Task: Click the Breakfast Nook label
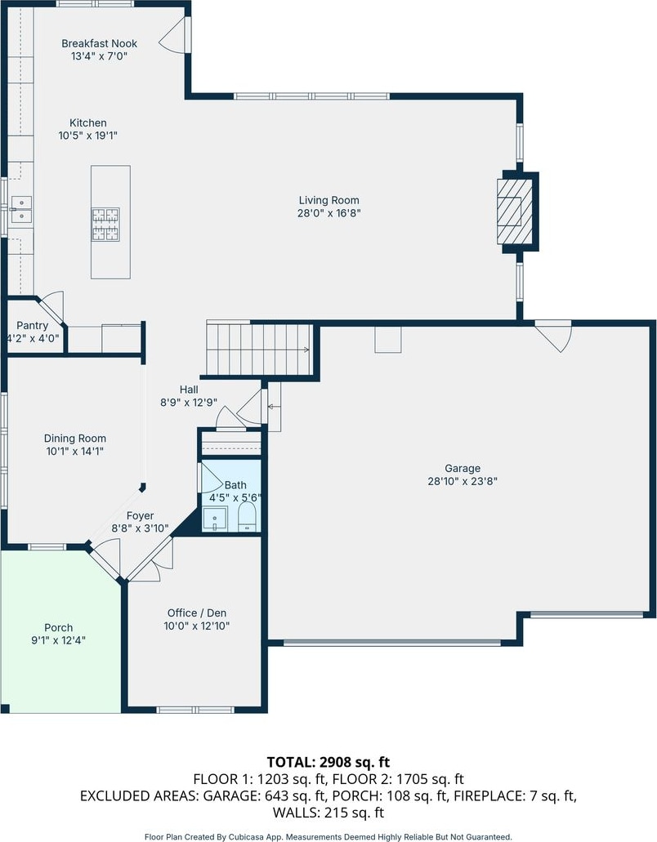click(x=100, y=43)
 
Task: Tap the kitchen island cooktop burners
click(x=105, y=225)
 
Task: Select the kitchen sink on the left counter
click(x=21, y=209)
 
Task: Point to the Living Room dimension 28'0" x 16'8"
click(x=328, y=213)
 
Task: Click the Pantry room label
click(x=32, y=325)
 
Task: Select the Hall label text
click(x=189, y=390)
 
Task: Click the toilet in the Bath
click(x=248, y=517)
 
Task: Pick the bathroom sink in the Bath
click(x=214, y=519)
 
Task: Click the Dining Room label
click(x=75, y=439)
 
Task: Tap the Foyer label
click(x=141, y=516)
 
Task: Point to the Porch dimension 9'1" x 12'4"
click(x=59, y=640)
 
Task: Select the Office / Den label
click(x=197, y=613)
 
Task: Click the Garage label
click(x=463, y=468)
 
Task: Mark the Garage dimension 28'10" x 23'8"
click(x=463, y=481)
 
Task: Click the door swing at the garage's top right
click(x=552, y=335)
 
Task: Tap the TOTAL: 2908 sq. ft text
click(x=328, y=762)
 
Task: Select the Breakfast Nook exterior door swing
click(x=173, y=35)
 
